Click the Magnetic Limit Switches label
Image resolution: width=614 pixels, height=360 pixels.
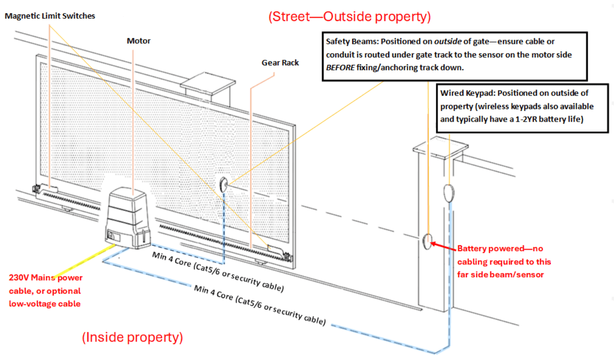[50, 16]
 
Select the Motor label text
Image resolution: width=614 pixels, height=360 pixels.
[139, 41]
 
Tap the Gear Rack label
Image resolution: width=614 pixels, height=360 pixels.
[280, 62]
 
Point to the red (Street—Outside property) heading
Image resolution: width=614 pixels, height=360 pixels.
[349, 17]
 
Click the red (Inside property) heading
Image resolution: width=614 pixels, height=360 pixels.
[133, 337]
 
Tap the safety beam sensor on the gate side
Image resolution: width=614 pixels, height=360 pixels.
[223, 185]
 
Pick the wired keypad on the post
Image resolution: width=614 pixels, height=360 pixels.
[448, 192]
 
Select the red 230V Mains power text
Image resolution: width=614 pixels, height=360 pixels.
[45, 291]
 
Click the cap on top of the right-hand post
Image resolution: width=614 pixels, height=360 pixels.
[440, 148]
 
